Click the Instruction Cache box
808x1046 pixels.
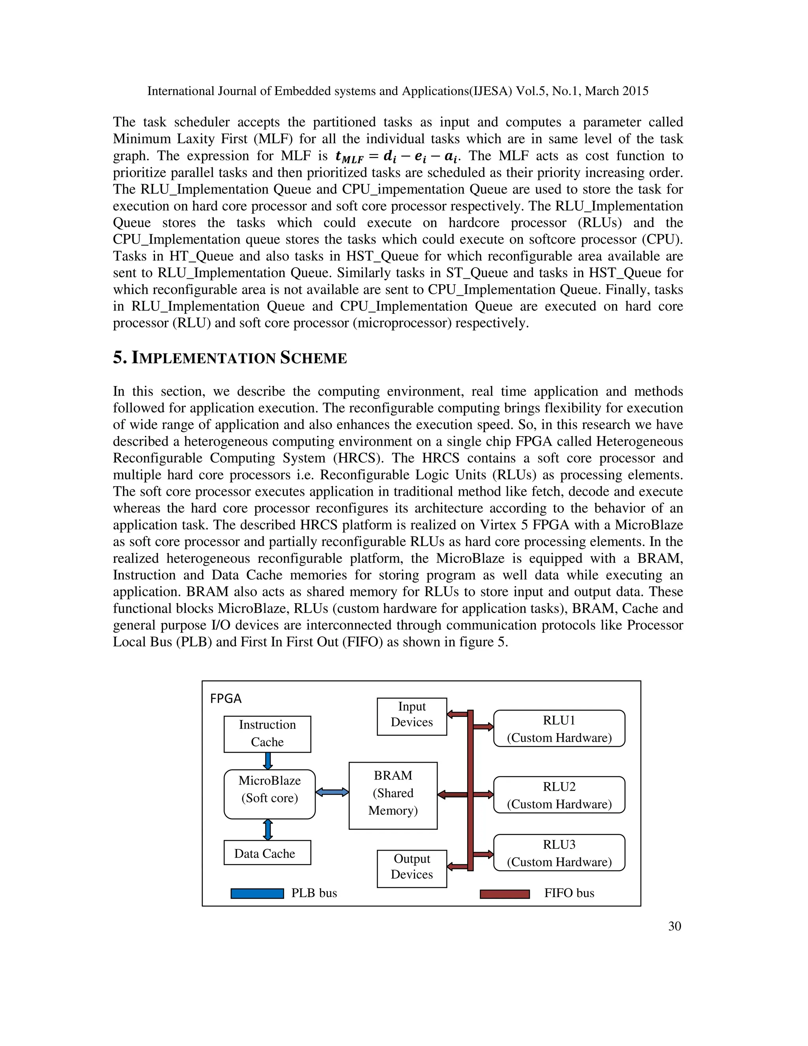pyautogui.click(x=267, y=734)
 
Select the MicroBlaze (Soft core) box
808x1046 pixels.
pyautogui.click(x=269, y=794)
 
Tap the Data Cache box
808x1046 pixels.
pyautogui.click(x=267, y=853)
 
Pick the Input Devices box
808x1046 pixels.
pyautogui.click(x=411, y=716)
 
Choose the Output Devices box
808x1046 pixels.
pyautogui.click(x=411, y=868)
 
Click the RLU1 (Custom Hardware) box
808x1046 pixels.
pyautogui.click(x=559, y=729)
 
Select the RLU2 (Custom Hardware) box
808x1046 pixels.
pyautogui.click(x=559, y=795)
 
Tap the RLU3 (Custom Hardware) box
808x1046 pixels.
pyautogui.click(x=559, y=853)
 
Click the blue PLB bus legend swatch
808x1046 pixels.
pyautogui.click(x=257, y=893)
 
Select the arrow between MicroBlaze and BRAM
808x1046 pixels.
pyautogui.click(x=332, y=793)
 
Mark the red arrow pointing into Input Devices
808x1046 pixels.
pyautogui.click(x=457, y=714)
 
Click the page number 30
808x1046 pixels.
pyautogui.click(x=674, y=926)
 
